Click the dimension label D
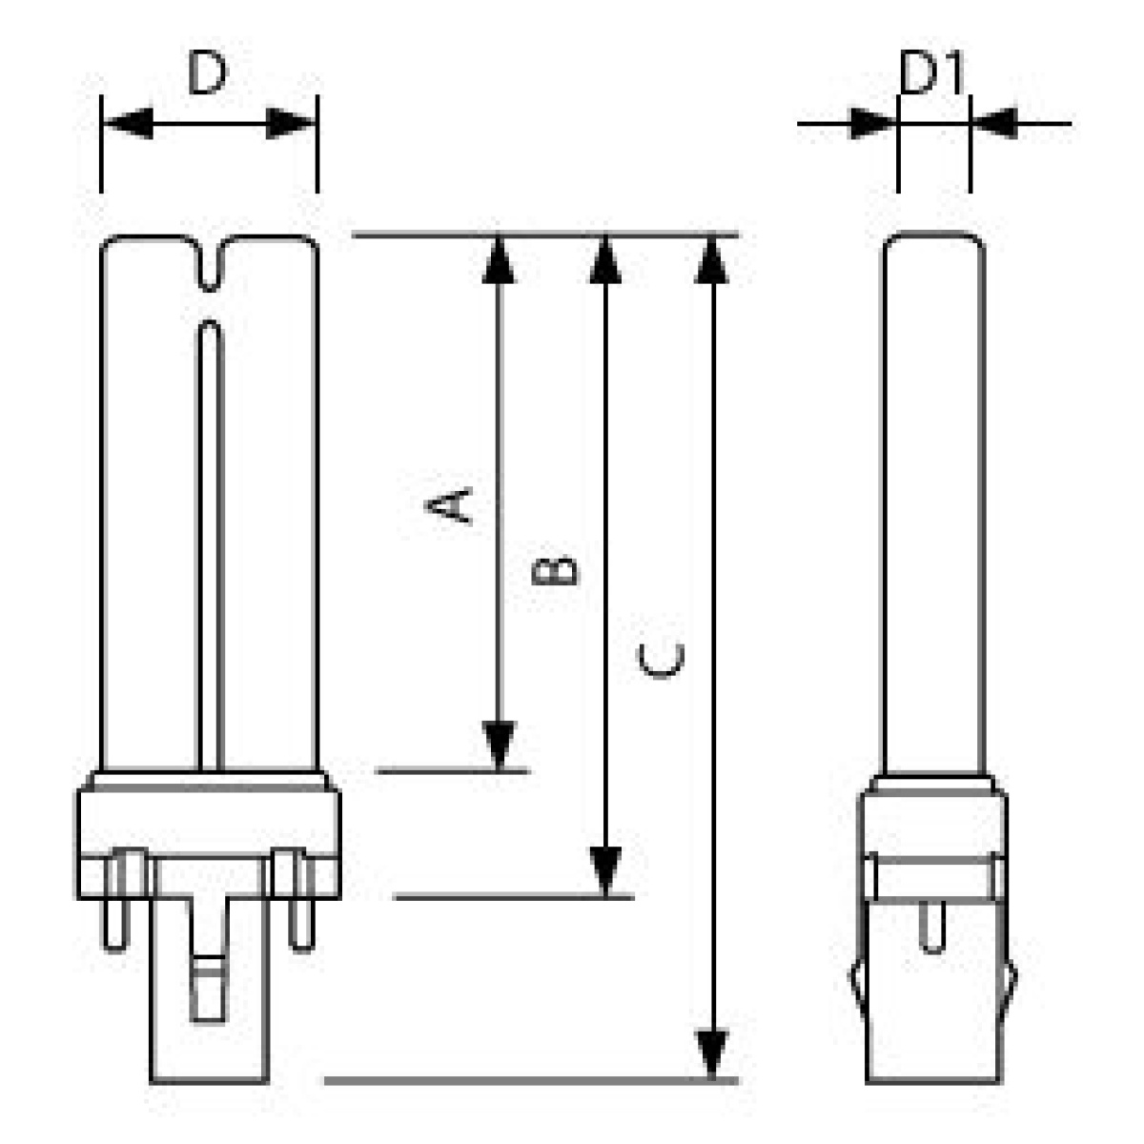pyautogui.click(x=207, y=72)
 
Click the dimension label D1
pyautogui.click(x=930, y=72)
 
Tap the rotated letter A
pyautogui.click(x=448, y=506)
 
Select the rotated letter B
pyautogui.click(x=554, y=570)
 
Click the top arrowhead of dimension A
pyautogui.click(x=499, y=260)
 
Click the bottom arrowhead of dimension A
pyautogui.click(x=499, y=746)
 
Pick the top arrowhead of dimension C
pyautogui.click(x=711, y=260)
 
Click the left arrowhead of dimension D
pyautogui.click(x=129, y=124)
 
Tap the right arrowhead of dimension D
pyautogui.click(x=291, y=124)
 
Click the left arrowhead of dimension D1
pyautogui.click(x=872, y=124)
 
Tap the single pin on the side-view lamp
pyautogui.click(x=931, y=926)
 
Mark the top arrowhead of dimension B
pyautogui.click(x=605, y=260)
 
